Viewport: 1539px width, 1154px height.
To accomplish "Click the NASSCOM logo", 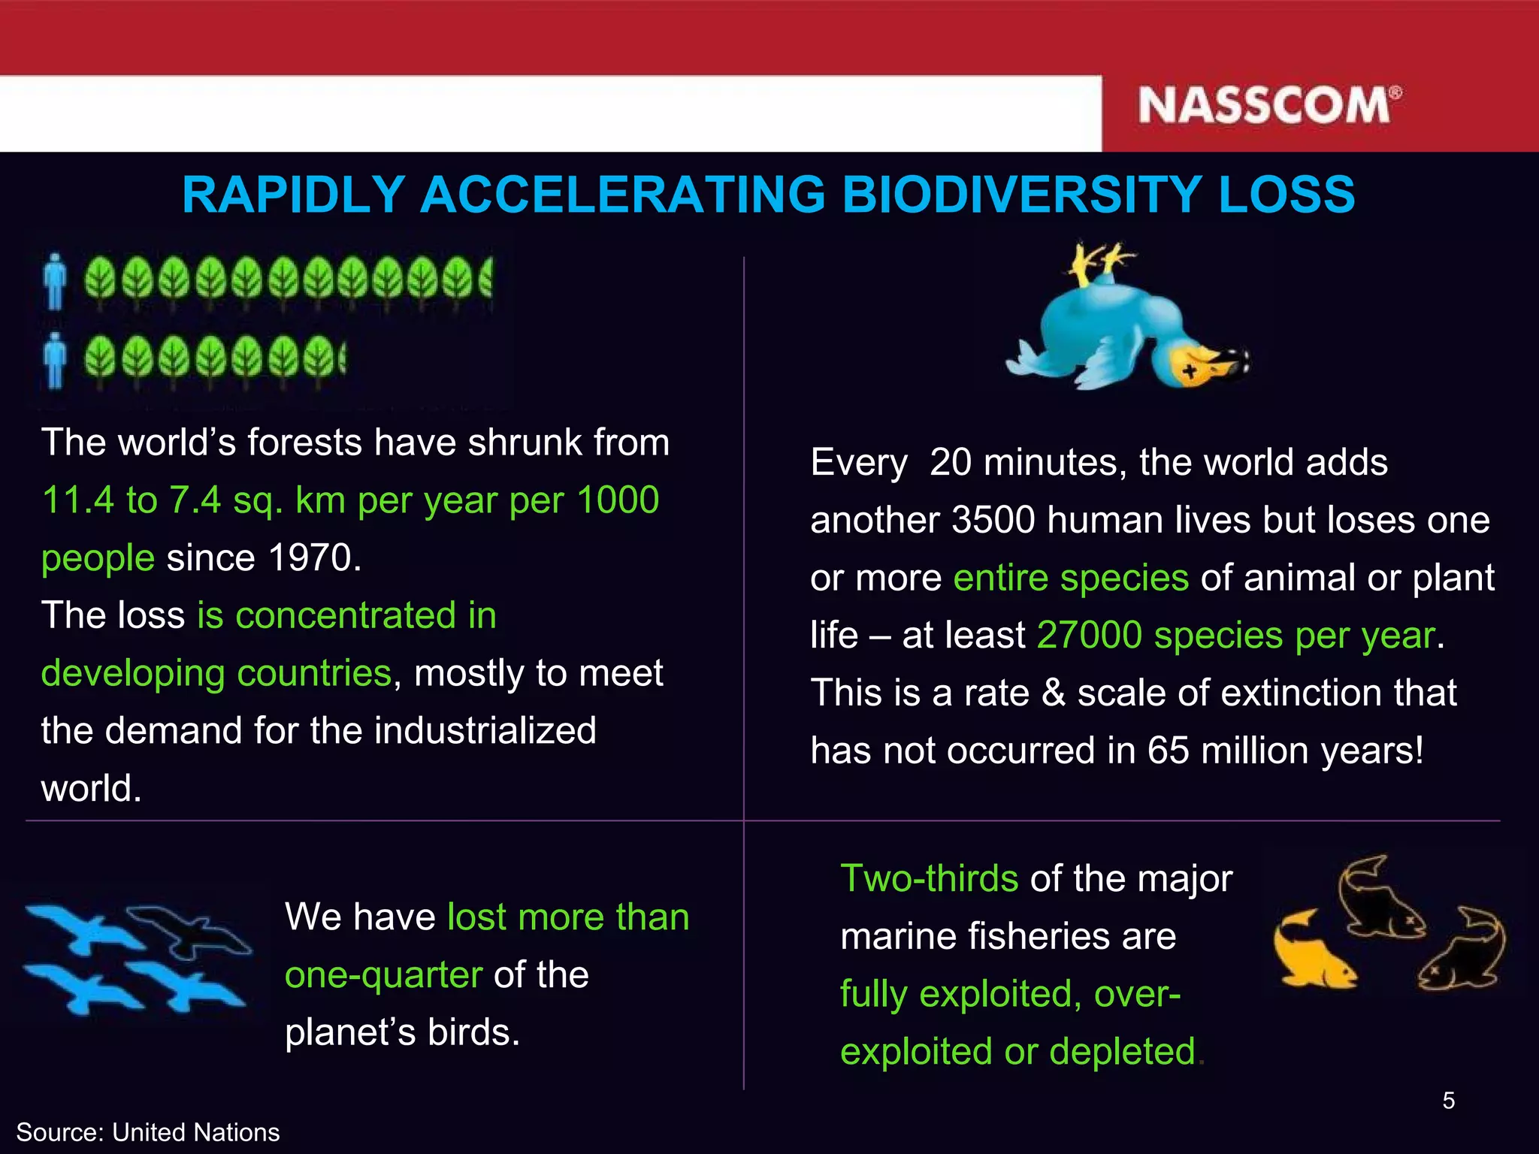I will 1268,105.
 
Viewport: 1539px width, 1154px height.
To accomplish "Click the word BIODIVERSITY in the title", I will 1021,195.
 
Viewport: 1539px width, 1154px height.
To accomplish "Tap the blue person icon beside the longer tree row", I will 54,282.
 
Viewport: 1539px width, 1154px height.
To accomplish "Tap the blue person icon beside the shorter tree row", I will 54,361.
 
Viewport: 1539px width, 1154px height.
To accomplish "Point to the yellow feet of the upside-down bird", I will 1101,263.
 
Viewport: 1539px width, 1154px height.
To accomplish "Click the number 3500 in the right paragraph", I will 993,521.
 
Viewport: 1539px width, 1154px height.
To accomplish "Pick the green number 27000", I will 1089,636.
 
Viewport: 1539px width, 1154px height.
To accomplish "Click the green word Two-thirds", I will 929,878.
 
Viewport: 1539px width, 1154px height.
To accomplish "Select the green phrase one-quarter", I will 383,975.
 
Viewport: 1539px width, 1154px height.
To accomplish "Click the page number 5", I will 1448,1101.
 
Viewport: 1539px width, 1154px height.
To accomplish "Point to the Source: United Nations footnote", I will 148,1132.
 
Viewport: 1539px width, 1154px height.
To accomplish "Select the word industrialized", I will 485,731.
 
